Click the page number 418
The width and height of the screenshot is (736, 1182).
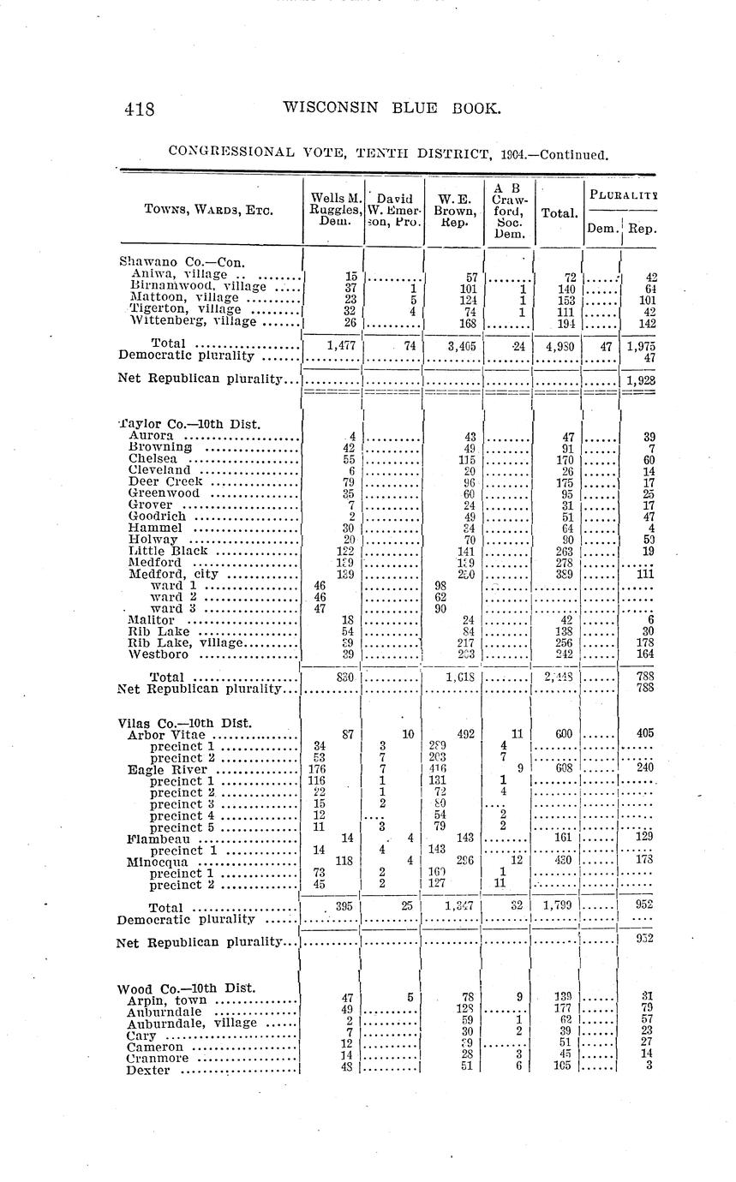(139, 109)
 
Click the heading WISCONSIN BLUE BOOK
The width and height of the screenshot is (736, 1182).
(391, 108)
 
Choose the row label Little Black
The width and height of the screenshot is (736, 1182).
(167, 551)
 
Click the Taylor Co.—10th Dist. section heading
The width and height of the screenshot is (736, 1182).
(188, 424)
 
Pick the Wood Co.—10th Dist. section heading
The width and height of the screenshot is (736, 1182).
(186, 988)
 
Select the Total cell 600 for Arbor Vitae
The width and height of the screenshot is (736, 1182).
(562, 734)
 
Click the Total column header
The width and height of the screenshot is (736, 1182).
(558, 210)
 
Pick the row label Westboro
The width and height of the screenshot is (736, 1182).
(158, 654)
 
